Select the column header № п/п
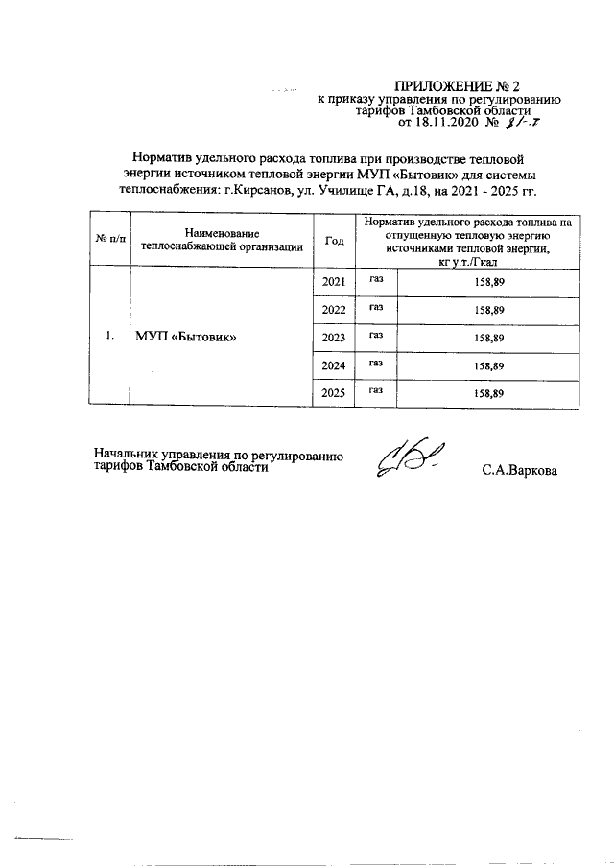point(109,239)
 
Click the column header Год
point(335,240)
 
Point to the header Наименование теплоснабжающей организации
point(222,240)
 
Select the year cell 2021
point(334,283)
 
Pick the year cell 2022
point(334,310)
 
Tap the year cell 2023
point(334,338)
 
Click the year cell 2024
point(334,365)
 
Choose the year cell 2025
point(334,393)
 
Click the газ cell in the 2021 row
point(376,281)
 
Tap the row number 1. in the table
point(109,337)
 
